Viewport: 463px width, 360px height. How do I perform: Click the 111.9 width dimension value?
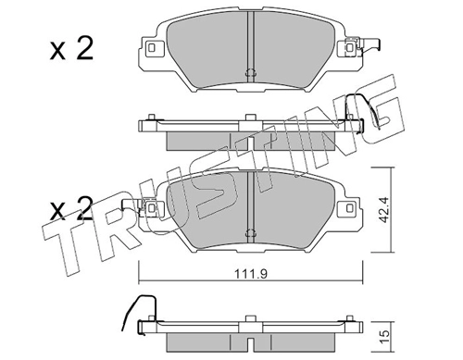pos(251,274)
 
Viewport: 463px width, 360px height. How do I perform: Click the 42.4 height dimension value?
pos(383,210)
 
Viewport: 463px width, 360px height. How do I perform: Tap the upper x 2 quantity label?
pos(71,49)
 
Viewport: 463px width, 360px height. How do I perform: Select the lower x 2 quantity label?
pos(70,208)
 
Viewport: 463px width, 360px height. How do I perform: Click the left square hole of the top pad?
pos(151,48)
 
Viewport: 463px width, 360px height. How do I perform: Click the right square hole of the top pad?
pos(349,48)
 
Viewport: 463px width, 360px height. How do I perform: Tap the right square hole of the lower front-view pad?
pos(349,207)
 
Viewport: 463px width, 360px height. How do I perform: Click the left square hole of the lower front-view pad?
pos(151,207)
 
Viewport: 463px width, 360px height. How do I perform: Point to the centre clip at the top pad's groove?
pos(250,73)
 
